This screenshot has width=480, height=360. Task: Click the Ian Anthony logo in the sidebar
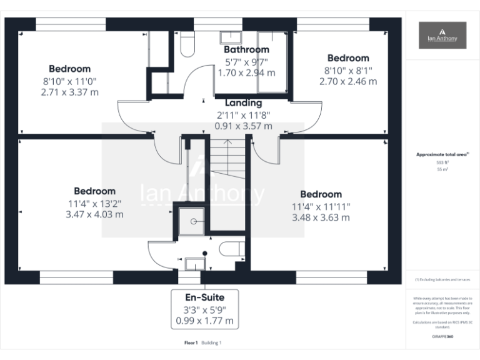(442, 35)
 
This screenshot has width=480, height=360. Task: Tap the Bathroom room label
(246, 49)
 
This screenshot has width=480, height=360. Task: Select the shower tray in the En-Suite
(192, 221)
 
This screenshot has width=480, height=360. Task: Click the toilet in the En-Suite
(232, 249)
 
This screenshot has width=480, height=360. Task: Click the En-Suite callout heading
(204, 297)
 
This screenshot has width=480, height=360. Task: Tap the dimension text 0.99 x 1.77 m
(204, 321)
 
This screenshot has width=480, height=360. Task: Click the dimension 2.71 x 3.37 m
(70, 92)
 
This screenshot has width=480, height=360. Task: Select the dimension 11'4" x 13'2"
(94, 202)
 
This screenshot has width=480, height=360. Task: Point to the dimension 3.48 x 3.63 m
(321, 217)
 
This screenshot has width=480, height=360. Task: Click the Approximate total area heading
(441, 154)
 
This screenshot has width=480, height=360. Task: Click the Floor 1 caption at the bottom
(191, 342)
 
